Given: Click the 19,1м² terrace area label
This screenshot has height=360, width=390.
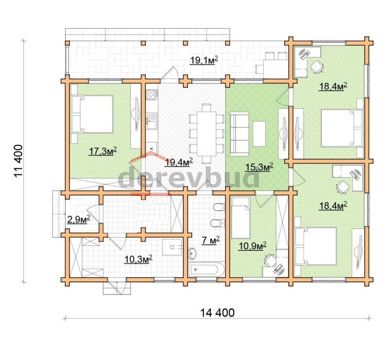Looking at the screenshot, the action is pyautogui.click(x=204, y=60).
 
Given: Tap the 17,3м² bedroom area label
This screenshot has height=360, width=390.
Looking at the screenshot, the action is pyautogui.click(x=102, y=151).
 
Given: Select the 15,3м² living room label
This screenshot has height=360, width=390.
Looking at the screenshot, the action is pyautogui.click(x=259, y=167).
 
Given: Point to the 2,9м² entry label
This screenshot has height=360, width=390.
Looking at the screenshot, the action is pyautogui.click(x=78, y=220).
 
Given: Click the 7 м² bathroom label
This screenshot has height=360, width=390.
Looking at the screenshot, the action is pyautogui.click(x=211, y=240).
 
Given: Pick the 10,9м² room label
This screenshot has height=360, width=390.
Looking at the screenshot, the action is pyautogui.click(x=253, y=246).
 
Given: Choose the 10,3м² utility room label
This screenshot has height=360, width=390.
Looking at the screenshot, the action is pyautogui.click(x=138, y=260).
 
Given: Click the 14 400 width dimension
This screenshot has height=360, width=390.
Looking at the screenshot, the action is pyautogui.click(x=217, y=313).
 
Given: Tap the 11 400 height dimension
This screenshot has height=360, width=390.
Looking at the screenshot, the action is pyautogui.click(x=19, y=161).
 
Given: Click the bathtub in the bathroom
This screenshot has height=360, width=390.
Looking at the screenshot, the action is pyautogui.click(x=206, y=270).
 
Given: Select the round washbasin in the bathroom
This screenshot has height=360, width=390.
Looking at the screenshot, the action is pyautogui.click(x=193, y=253).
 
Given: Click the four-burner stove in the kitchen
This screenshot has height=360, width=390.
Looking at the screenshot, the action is pyautogui.click(x=152, y=95).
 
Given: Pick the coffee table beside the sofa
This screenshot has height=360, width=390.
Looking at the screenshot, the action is pyautogui.click(x=259, y=134).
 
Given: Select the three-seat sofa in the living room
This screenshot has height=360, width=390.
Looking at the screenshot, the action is pyautogui.click(x=239, y=134).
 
